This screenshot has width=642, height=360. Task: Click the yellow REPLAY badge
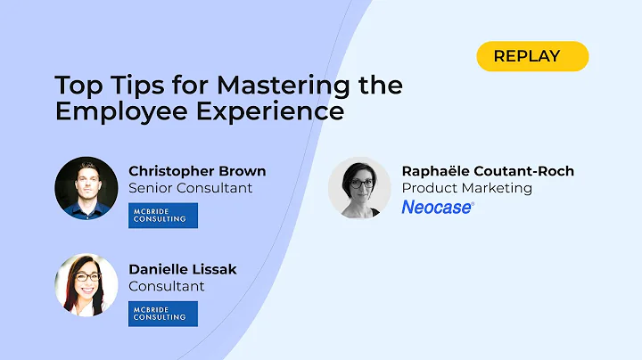[x=532, y=56]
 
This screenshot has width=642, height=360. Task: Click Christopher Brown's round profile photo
[x=86, y=188]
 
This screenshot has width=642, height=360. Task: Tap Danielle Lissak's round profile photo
[x=86, y=286]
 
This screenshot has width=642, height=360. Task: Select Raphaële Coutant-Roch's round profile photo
[x=359, y=188]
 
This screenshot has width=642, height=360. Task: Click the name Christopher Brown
[x=197, y=171]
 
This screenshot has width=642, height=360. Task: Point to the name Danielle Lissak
[x=183, y=269]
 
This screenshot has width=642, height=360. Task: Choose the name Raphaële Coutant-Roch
[x=488, y=171]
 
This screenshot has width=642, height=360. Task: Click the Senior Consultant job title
[x=191, y=188]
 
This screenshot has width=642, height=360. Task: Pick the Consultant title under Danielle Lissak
[x=167, y=286]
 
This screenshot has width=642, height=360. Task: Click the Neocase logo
[x=438, y=207]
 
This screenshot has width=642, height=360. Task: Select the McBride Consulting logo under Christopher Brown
[x=162, y=216]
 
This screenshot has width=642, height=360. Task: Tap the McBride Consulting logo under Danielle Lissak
[x=162, y=314]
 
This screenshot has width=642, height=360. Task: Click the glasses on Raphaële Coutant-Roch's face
[x=360, y=184]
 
